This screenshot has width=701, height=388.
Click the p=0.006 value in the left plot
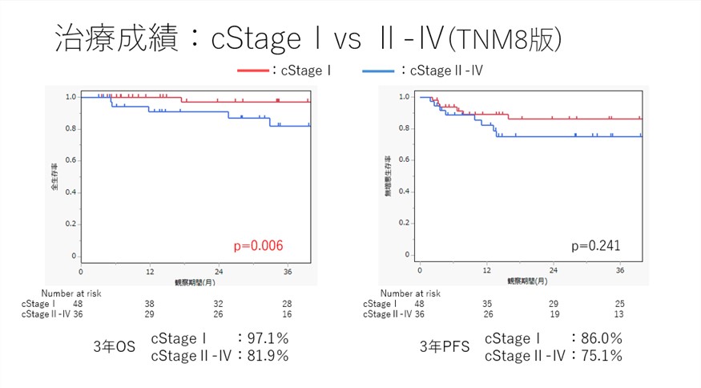coord(257,245)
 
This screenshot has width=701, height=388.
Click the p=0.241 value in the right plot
coord(595,245)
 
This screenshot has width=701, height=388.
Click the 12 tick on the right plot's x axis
coord(487,271)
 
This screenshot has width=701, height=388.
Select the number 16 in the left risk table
coord(286,314)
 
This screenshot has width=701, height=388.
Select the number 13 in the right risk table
coord(618,314)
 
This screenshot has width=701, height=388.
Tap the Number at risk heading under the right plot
coord(410,293)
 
